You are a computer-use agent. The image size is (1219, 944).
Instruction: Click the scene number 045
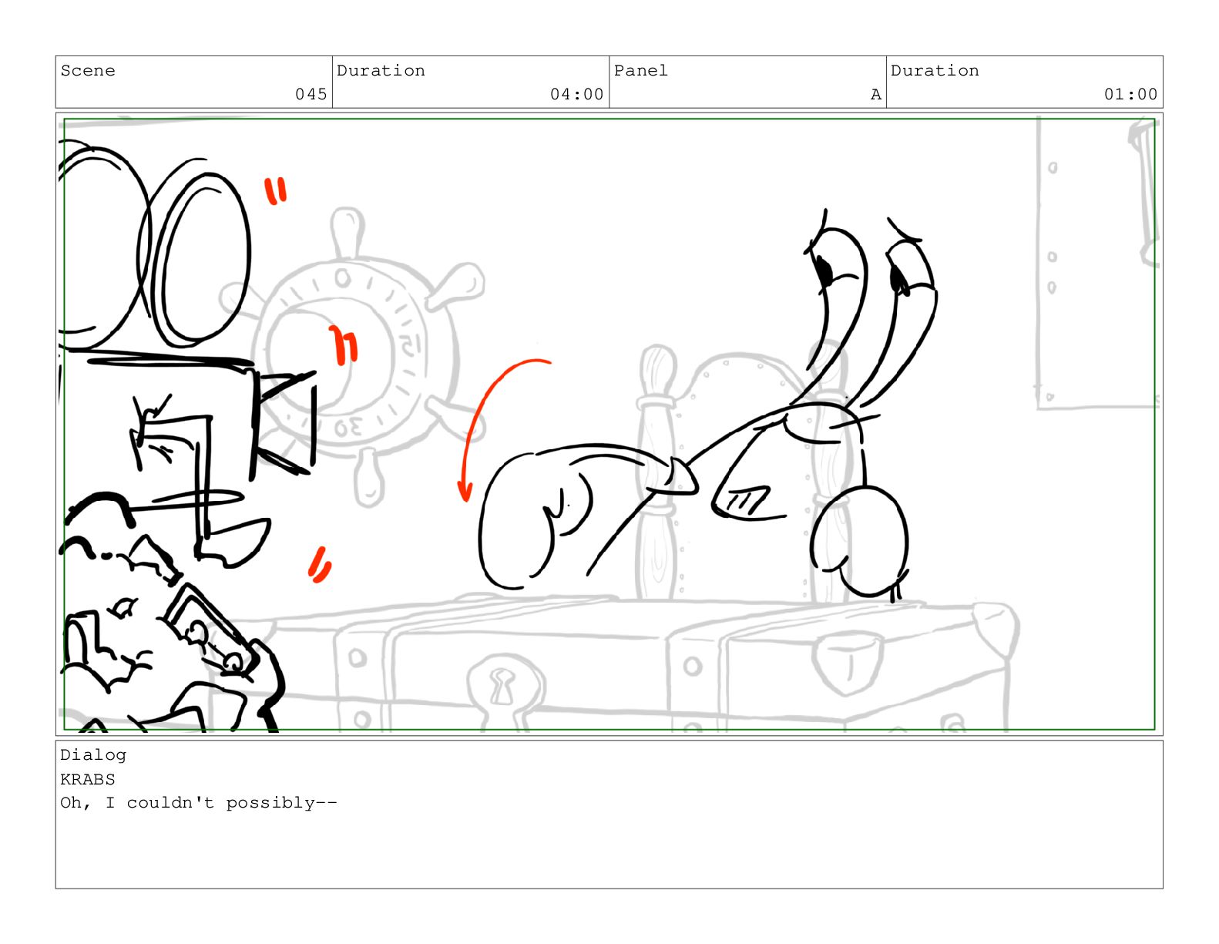click(x=311, y=94)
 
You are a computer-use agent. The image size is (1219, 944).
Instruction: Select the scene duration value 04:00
click(x=576, y=94)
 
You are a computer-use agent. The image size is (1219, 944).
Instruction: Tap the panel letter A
click(x=875, y=95)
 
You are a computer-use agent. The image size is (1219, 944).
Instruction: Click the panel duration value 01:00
click(x=1130, y=94)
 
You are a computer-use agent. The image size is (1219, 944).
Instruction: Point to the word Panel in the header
click(x=640, y=71)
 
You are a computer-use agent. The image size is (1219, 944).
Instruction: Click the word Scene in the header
click(x=88, y=71)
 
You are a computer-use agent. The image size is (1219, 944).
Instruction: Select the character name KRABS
click(x=88, y=779)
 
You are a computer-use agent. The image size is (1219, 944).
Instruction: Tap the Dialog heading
click(x=93, y=755)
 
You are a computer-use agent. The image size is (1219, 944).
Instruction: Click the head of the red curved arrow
click(x=465, y=492)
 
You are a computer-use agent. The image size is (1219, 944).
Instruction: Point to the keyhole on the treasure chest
click(x=502, y=686)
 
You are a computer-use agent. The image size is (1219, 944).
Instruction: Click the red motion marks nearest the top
click(x=275, y=190)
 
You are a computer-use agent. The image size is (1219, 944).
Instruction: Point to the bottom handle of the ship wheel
click(x=369, y=477)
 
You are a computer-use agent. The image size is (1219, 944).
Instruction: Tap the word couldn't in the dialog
click(x=170, y=803)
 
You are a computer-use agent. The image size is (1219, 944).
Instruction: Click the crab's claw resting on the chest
click(x=859, y=543)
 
